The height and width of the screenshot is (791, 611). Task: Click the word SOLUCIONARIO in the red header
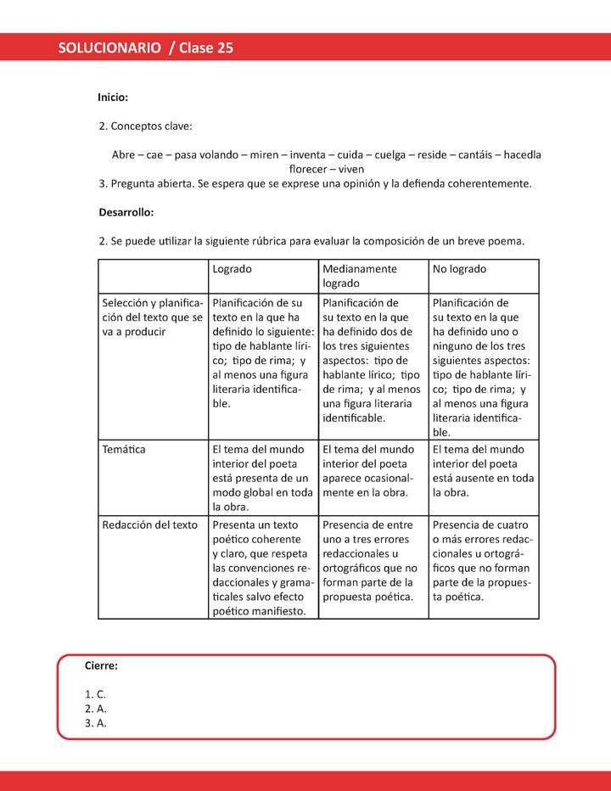coord(109,48)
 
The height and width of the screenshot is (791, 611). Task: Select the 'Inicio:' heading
coord(113,98)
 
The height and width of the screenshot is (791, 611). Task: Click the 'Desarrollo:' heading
coord(126,212)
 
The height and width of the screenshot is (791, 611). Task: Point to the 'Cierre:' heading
coord(101,666)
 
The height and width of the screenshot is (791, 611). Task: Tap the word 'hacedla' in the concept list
coord(523,155)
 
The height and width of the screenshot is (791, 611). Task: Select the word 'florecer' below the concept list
coord(309,169)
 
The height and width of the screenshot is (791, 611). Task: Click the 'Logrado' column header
coord(232,269)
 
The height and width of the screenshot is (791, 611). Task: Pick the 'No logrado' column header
coord(459,269)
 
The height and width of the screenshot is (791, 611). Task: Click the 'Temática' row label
coord(124,449)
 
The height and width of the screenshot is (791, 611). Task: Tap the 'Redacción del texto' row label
coord(149,525)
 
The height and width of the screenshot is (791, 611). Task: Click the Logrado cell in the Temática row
coord(261,478)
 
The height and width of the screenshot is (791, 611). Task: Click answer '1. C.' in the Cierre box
coord(95,694)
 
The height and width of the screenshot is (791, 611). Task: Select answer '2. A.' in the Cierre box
coord(95,709)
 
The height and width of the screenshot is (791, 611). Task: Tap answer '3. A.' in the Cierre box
coord(95,723)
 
